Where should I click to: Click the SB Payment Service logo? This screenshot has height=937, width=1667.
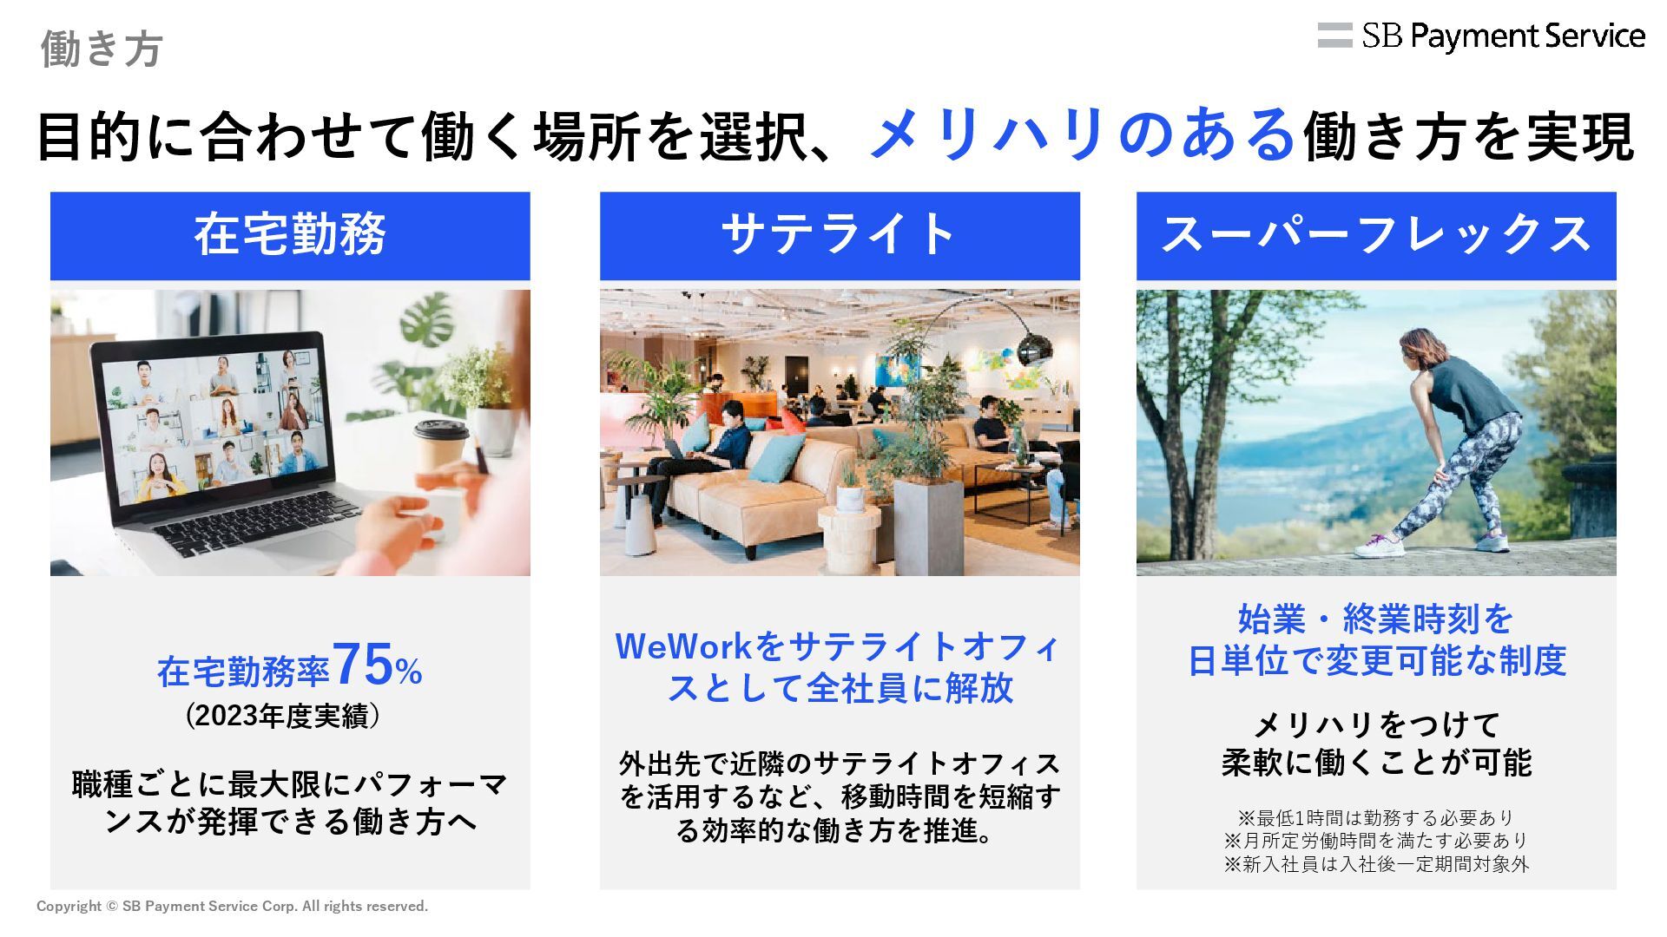point(1481,36)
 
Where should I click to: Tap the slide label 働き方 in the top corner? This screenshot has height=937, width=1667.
point(102,49)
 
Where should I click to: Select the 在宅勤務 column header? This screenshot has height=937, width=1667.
point(290,235)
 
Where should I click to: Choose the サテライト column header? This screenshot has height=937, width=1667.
point(840,235)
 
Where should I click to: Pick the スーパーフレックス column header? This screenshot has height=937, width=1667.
point(1376,235)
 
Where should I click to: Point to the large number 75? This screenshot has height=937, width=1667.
point(363,665)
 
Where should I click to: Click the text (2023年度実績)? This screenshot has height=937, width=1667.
point(283,717)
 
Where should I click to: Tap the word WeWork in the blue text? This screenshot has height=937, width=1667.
point(683,646)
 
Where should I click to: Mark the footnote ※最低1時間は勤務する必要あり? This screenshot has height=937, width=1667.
point(1376,818)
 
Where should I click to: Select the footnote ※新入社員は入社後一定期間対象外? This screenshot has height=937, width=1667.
point(1376,864)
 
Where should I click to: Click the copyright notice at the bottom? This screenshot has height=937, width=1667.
point(233,907)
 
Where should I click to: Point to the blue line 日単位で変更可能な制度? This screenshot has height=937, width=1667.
point(1376,661)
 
